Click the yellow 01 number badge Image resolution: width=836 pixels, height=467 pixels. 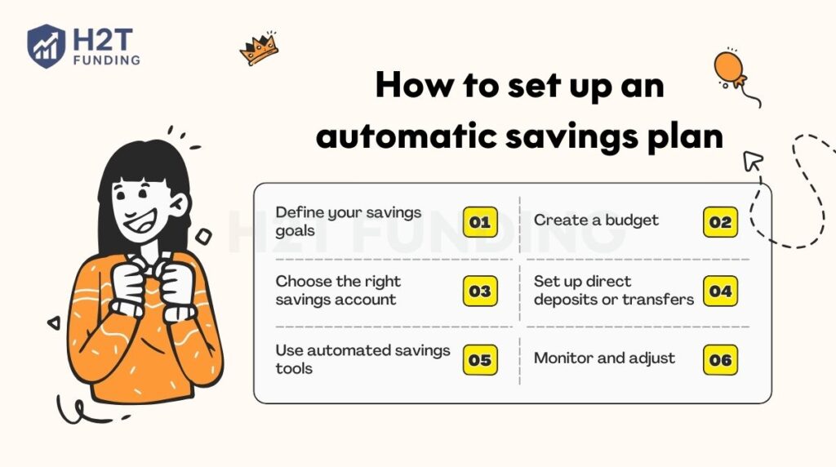tap(480, 222)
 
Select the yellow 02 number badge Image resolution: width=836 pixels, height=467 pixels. tap(720, 222)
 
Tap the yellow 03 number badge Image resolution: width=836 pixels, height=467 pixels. tap(480, 291)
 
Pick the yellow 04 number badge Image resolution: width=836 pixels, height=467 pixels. tap(720, 291)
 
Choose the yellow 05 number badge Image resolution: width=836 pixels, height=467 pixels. tap(480, 360)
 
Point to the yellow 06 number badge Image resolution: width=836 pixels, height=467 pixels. tap(720, 360)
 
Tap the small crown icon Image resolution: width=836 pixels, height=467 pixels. tap(259, 51)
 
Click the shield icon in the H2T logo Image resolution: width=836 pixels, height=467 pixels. tap(46, 46)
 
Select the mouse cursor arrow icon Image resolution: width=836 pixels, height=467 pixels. tap(752, 162)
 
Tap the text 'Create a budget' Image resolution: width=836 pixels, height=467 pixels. tap(596, 220)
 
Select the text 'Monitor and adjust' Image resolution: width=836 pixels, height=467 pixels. tap(604, 358)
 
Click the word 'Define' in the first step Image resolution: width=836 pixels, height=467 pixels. tap(298, 213)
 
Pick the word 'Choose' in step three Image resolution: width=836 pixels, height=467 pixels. tap(303, 282)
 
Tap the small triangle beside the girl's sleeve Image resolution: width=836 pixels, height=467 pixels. tap(55, 323)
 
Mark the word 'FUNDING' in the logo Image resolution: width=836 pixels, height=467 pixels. tap(105, 60)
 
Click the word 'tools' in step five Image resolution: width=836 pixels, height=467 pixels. tap(294, 368)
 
